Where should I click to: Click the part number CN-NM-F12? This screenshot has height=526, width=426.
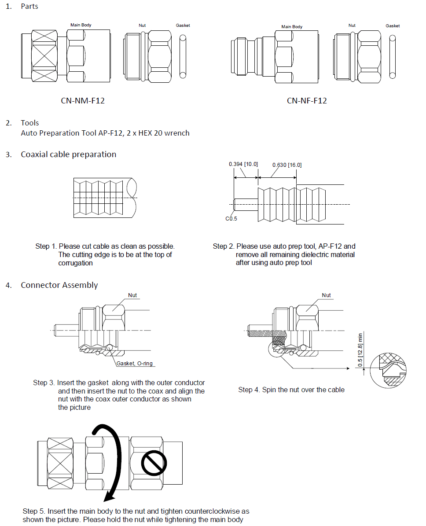click(x=83, y=101)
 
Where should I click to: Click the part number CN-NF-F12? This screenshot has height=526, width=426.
click(x=307, y=101)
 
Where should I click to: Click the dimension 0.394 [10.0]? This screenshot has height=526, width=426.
click(x=243, y=164)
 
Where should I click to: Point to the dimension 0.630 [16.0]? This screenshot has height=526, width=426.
click(x=287, y=165)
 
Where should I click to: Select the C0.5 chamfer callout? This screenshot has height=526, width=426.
click(x=231, y=219)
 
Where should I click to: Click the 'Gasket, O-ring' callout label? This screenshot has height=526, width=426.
click(x=135, y=364)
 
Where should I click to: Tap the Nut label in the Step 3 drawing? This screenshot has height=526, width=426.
click(x=132, y=295)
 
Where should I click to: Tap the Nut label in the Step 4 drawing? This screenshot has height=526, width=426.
click(x=326, y=295)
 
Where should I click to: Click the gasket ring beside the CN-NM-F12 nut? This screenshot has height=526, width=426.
click(x=184, y=55)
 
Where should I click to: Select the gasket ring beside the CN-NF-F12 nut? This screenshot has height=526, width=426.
click(x=393, y=55)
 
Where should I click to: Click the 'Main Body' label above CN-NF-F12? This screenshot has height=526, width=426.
click(x=292, y=27)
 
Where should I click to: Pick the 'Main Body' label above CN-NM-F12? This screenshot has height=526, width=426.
click(x=81, y=25)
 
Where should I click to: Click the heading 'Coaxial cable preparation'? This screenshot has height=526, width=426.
click(x=68, y=154)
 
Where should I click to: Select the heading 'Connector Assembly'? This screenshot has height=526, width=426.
click(x=59, y=285)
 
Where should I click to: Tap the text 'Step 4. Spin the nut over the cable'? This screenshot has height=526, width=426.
click(x=291, y=390)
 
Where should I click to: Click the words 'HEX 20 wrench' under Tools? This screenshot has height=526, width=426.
click(x=164, y=133)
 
